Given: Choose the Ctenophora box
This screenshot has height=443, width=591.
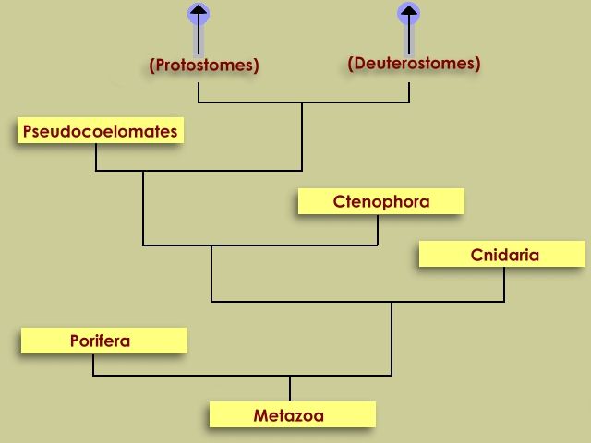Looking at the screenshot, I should tap(380, 201).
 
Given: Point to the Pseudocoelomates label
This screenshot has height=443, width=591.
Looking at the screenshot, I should tap(100, 131).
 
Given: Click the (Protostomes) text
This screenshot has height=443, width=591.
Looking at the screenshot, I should tap(204, 65).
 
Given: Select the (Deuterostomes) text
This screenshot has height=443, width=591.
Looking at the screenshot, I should tap(414, 64).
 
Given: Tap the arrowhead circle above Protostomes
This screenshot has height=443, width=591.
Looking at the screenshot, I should tap(199, 13).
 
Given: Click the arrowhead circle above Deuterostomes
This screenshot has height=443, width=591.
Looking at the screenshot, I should tap(409, 13).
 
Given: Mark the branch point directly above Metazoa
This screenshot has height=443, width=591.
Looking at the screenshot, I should tap(290, 376).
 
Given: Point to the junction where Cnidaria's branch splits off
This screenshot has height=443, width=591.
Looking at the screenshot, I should tap(392, 302).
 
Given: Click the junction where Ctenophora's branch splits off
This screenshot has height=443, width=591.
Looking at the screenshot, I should tap(211, 245).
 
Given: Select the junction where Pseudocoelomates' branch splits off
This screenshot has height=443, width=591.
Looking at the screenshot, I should tap(143, 171).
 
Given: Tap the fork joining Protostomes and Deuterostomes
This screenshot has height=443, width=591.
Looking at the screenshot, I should tap(302, 102).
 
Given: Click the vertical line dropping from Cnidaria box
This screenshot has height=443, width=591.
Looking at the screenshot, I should tap(504, 284).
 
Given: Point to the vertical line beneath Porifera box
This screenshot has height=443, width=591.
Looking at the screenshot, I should tap(93, 365).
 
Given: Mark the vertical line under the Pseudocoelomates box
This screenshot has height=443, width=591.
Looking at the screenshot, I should tap(96, 157).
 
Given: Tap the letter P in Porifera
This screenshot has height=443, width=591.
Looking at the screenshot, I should tap(75, 341).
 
